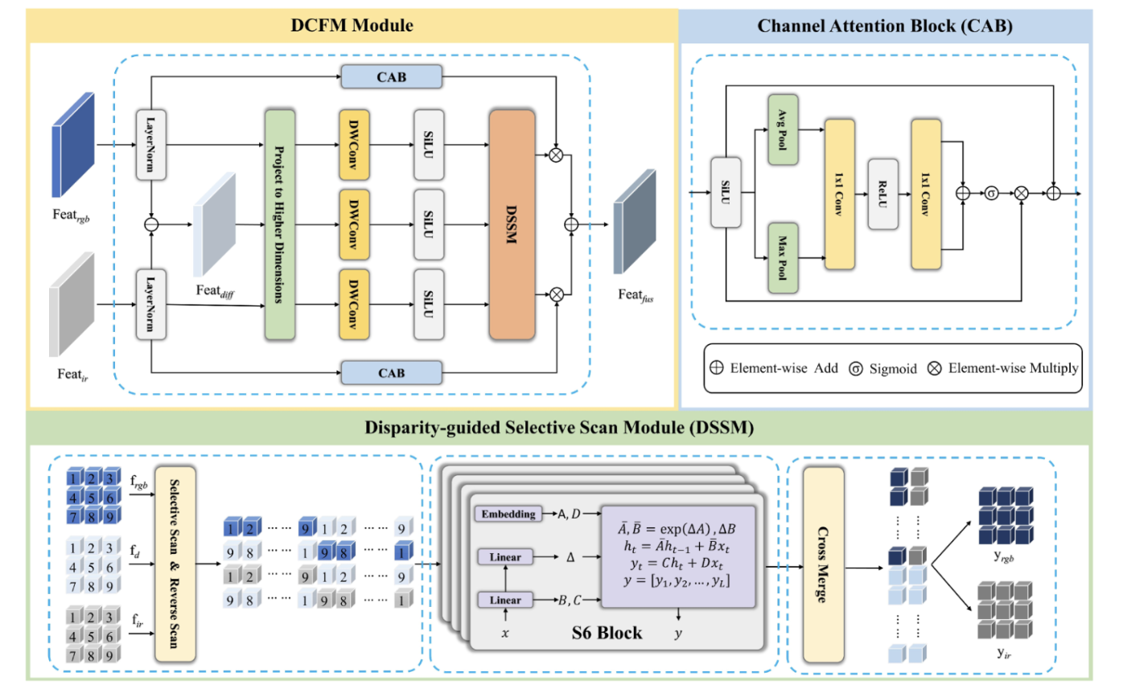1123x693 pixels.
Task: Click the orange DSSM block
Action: click(512, 224)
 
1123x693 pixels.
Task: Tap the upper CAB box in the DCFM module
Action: click(391, 76)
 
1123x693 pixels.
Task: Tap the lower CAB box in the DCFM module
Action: click(391, 372)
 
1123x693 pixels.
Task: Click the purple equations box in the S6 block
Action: click(678, 556)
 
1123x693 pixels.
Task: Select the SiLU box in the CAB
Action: click(726, 193)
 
